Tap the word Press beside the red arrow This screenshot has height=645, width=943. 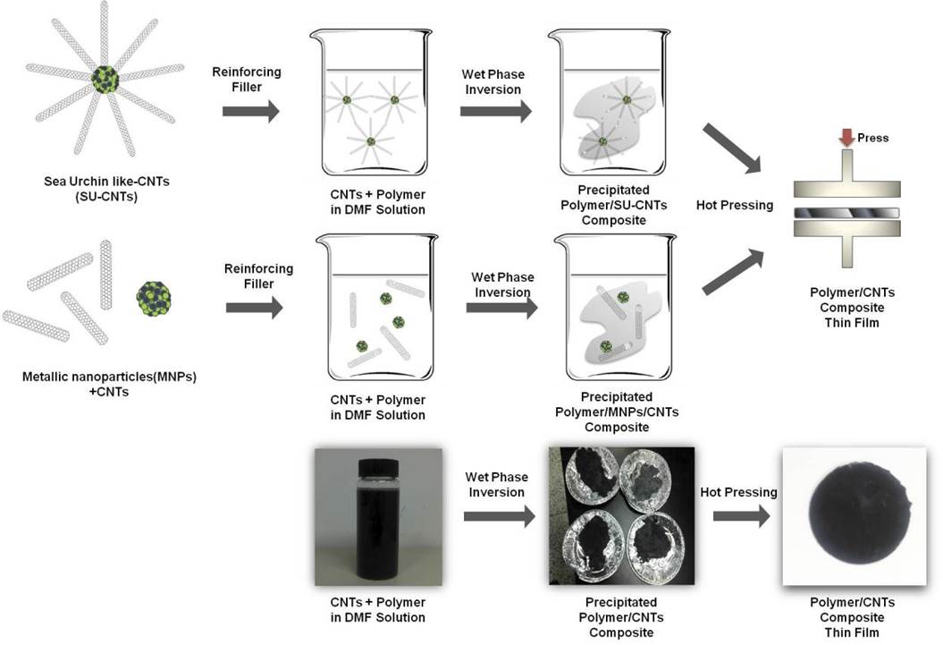tap(872, 139)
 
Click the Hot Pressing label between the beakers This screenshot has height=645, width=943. tap(735, 205)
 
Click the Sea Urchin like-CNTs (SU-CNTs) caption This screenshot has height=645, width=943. tap(106, 189)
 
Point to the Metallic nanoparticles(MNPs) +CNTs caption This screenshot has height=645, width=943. tap(108, 384)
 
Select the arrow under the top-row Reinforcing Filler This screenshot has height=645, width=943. tap(249, 111)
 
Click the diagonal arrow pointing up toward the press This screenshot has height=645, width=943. tap(734, 270)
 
